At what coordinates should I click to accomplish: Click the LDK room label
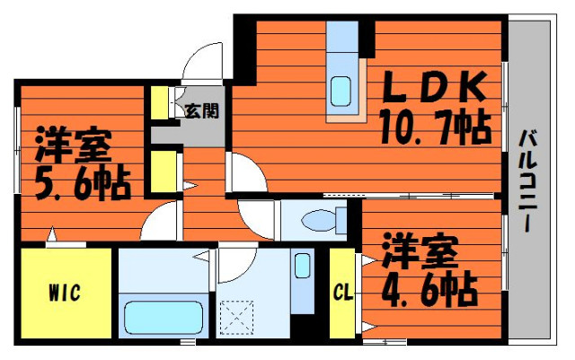[435, 87]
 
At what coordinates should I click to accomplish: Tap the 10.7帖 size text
[435, 127]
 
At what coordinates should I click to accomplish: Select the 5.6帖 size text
[83, 183]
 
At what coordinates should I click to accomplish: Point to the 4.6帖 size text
[429, 290]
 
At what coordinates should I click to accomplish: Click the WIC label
[65, 293]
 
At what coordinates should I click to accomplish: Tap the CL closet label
[343, 293]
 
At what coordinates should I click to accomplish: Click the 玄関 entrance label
[202, 110]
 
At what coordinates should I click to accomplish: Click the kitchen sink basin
[341, 92]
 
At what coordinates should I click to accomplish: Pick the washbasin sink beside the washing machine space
[303, 266]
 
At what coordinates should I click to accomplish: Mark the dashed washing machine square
[236, 317]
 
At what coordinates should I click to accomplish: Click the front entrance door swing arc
[194, 55]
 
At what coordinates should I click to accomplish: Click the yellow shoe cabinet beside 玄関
[160, 102]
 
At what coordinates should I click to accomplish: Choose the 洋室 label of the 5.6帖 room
[74, 144]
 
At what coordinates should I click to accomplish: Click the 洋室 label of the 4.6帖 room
[420, 251]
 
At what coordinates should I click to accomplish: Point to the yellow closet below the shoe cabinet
[164, 171]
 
